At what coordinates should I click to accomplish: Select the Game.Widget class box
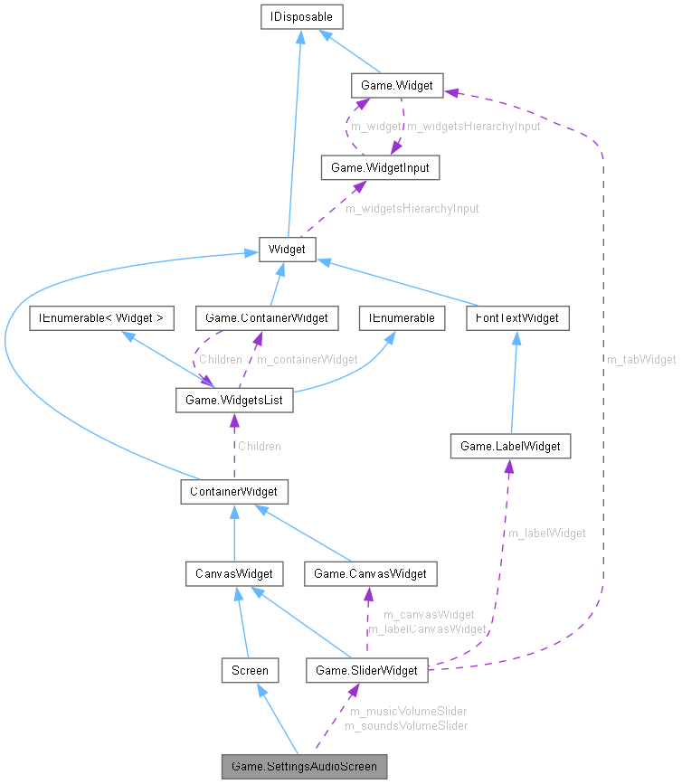point(396,86)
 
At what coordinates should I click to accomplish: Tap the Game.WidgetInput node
point(380,167)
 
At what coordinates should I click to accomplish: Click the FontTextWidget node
point(518,317)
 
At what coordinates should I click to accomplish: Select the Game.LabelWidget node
point(510,446)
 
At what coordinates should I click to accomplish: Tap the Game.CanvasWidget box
point(371,572)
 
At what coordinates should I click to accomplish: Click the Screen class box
point(250,670)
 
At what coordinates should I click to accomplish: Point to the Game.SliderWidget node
point(366,670)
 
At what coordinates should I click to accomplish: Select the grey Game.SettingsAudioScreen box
point(305,767)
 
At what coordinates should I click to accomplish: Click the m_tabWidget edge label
point(641,359)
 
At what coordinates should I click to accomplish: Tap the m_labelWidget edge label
point(546,533)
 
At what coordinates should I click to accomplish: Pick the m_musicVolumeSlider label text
point(405,712)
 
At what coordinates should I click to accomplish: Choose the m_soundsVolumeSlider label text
point(405,725)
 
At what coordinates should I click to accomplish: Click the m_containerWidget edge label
point(307,359)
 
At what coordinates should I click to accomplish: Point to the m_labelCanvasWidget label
point(427,628)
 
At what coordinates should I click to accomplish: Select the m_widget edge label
point(375,126)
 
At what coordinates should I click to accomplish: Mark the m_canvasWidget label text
point(429,615)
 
